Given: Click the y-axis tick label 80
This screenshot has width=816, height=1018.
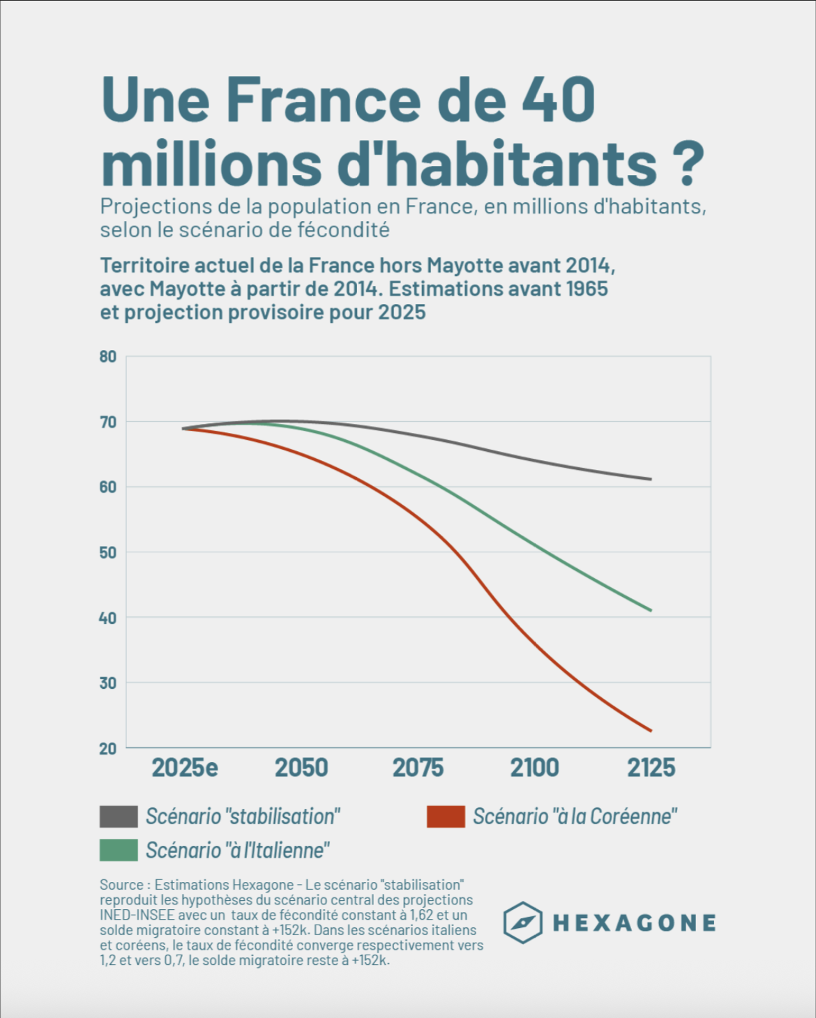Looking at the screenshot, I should [x=107, y=357].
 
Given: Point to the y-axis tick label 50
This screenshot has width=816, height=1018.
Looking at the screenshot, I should [x=107, y=553].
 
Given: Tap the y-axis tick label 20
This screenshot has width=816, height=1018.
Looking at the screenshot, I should [x=107, y=749].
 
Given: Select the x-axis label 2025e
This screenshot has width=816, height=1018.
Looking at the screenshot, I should [x=185, y=768].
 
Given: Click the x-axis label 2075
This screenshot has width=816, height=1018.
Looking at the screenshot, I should [x=418, y=768].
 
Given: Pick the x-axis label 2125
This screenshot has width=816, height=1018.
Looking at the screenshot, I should [x=651, y=768].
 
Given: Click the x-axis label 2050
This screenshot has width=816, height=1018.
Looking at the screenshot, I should [x=301, y=768].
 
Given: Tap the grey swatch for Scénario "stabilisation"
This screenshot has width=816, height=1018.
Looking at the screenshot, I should [x=119, y=816].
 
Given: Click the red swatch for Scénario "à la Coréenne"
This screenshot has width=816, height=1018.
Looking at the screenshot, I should [x=446, y=816].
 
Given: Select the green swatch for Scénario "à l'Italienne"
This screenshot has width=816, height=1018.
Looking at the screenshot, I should [x=119, y=851].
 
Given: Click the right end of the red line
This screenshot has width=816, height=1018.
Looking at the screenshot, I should [x=651, y=731].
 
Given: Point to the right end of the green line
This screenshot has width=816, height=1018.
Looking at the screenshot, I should [x=651, y=610].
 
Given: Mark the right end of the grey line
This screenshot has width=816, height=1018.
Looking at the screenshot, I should [x=651, y=479].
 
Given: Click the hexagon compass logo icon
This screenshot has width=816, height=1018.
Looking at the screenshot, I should [x=522, y=922].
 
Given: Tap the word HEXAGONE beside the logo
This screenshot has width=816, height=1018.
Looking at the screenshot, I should [x=634, y=923].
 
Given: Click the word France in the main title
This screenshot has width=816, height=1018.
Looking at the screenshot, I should [x=324, y=100].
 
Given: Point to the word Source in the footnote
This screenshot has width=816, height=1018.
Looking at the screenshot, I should [x=121, y=885].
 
